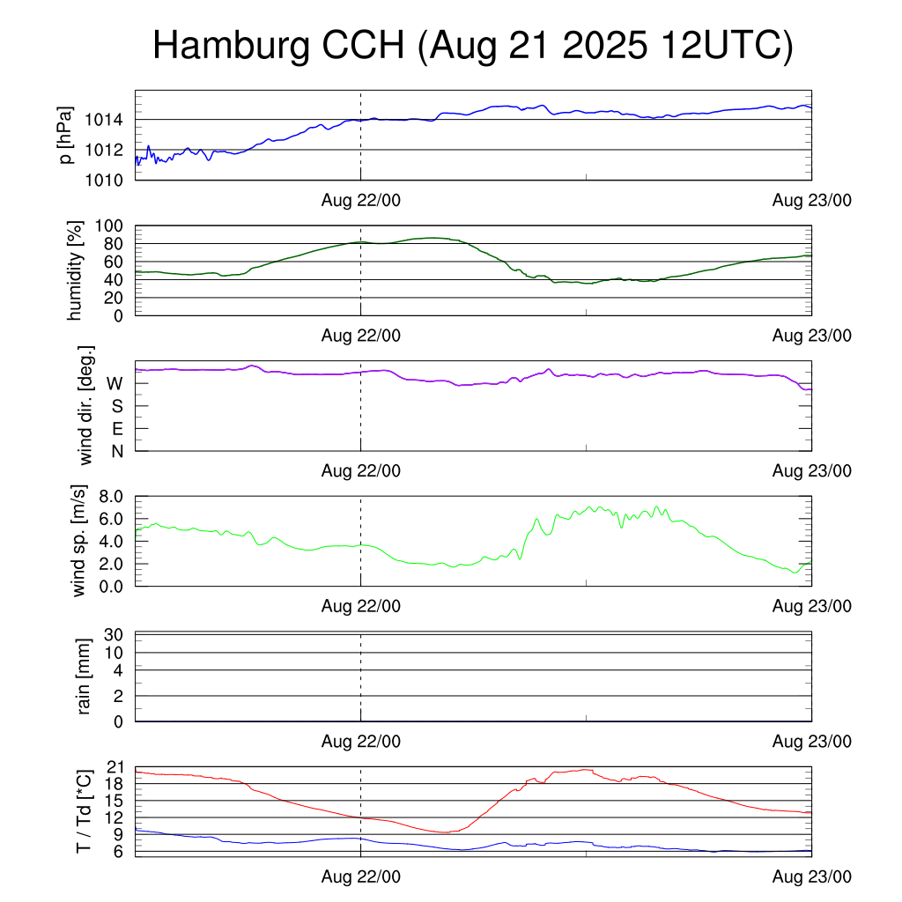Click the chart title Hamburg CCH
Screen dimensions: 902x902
pyautogui.click(x=473, y=46)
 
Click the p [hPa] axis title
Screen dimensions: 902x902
pyautogui.click(x=66, y=135)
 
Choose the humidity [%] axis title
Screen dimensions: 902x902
pyautogui.click(x=77, y=271)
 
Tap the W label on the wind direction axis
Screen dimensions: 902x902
pyautogui.click(x=115, y=384)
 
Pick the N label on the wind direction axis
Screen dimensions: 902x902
pyautogui.click(x=116, y=451)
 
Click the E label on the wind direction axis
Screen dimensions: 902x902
pyautogui.click(x=116, y=429)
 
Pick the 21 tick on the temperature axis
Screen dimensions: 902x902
pyautogui.click(x=115, y=767)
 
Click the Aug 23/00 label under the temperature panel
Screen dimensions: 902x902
pyautogui.click(x=811, y=876)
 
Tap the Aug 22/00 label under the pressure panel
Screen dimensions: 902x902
pyautogui.click(x=360, y=201)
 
